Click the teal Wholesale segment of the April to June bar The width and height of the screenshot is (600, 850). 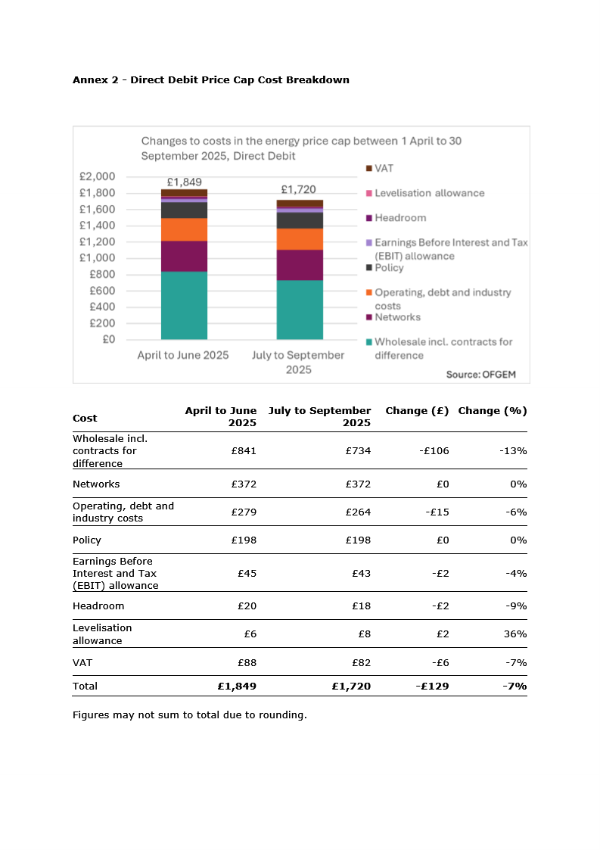tap(185, 305)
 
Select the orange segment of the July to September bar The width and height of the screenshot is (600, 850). tap(300, 239)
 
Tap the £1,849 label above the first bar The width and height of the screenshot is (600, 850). tap(185, 182)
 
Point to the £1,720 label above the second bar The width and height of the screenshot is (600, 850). tap(299, 189)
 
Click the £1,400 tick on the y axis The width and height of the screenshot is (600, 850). tap(98, 226)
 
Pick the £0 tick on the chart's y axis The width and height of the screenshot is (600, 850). tap(109, 339)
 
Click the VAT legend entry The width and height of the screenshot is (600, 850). tap(380, 169)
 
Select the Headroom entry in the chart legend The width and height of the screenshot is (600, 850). tap(396, 218)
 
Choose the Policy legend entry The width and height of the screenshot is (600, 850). tap(385, 268)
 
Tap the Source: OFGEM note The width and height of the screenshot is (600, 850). tap(481, 375)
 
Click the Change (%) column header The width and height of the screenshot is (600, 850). tap(493, 411)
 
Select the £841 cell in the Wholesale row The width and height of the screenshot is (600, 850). tap(244, 450)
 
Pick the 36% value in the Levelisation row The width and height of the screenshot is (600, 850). tap(515, 634)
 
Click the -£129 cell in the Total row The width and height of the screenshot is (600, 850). tap(433, 687)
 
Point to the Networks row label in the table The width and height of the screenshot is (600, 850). tap(97, 484)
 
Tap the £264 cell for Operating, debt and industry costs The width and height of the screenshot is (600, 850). tap(359, 512)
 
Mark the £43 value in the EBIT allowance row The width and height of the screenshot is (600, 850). tap(362, 573)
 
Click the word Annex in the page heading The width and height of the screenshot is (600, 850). tap(91, 80)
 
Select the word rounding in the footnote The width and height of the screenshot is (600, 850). tap(283, 715)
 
